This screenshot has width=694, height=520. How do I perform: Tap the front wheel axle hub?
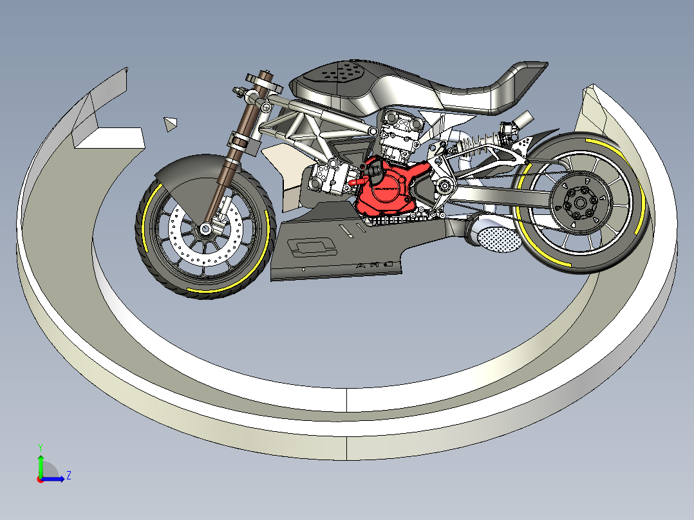point(205,229)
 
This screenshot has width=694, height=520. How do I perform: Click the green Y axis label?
point(41,447)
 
